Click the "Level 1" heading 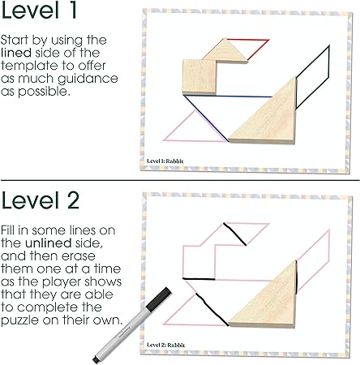[x=39, y=10]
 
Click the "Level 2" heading [x=40, y=200]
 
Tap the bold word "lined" [x=16, y=53]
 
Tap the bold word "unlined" [x=49, y=243]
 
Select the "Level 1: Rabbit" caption [x=165, y=161]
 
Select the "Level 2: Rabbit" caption [x=166, y=345]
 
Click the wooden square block [x=199, y=77]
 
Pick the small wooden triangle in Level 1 [x=225, y=51]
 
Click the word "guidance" [x=88, y=79]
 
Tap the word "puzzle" [x=19, y=320]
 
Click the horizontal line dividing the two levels [x=180, y=180]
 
